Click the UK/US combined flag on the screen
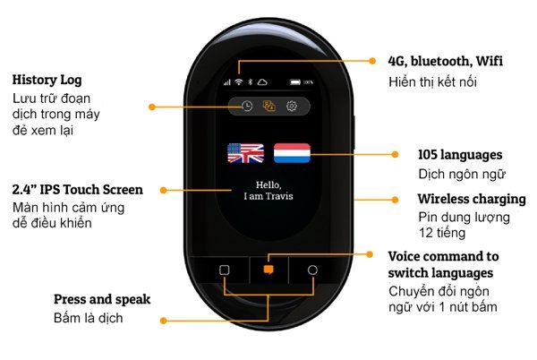coord(245,152)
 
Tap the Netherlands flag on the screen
coord(292,152)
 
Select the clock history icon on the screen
coord(246,106)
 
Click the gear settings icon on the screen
coord(292,106)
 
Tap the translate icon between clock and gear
coord(268,106)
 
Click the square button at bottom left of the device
coord(225,269)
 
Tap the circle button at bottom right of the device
coord(312,269)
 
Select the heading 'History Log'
coord(45,79)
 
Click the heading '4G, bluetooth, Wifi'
coord(445,61)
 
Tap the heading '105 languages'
coord(460,154)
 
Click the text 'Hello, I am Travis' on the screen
coord(268,190)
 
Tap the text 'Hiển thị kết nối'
coord(433,81)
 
